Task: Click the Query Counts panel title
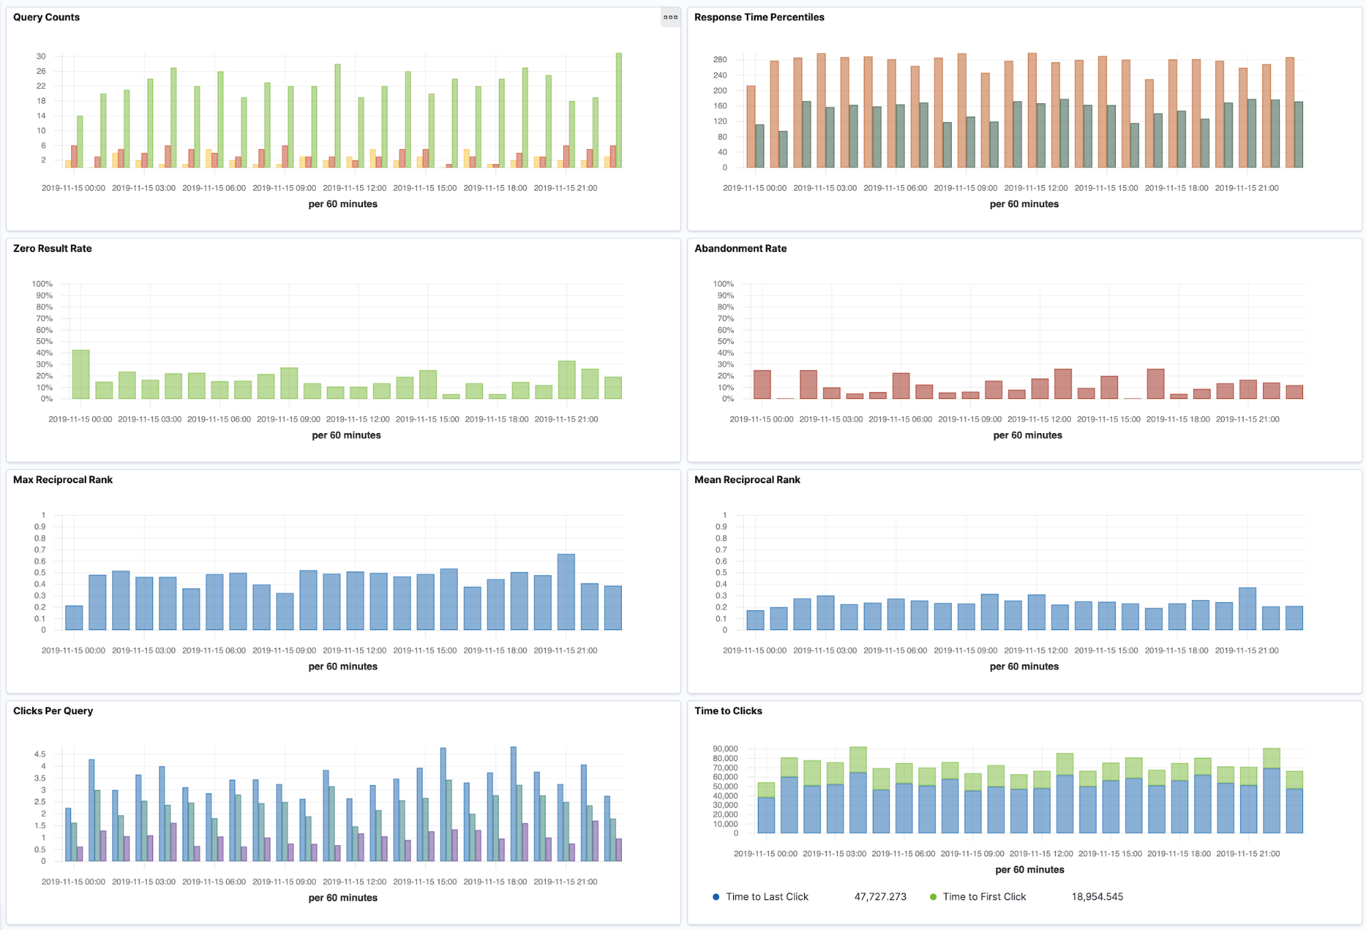(46, 17)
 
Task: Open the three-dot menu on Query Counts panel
(670, 17)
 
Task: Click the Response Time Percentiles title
(759, 17)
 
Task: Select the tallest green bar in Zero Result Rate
(81, 374)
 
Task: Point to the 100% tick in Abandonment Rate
(723, 284)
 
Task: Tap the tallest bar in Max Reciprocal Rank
(566, 592)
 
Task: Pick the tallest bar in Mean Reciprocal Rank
(1247, 609)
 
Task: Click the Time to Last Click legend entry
(767, 897)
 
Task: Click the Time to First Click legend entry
(984, 897)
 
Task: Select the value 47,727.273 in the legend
(880, 897)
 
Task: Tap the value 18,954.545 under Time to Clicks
(1097, 897)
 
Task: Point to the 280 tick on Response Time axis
(720, 59)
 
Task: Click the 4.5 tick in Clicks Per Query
(40, 754)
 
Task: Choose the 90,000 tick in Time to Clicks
(725, 749)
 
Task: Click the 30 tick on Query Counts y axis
(41, 56)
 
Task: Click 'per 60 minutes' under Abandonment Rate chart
(1027, 435)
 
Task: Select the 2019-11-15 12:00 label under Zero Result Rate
(358, 419)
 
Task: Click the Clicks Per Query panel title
(53, 711)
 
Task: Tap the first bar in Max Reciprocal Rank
(74, 618)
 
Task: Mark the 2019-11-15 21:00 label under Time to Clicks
(1248, 853)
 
